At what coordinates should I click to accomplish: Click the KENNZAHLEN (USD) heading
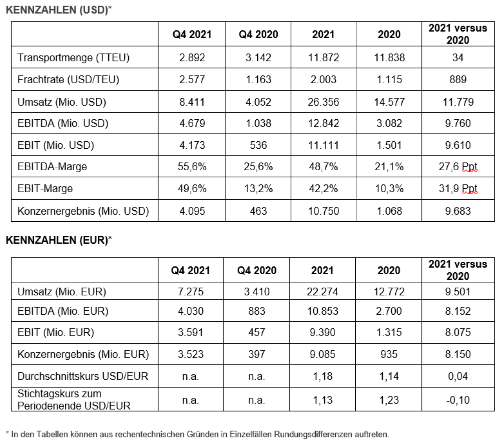tap(59, 10)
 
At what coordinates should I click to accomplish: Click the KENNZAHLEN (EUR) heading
tap(59, 240)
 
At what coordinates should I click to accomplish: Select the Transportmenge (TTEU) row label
tap(73, 58)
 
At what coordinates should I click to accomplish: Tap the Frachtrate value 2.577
tap(192, 80)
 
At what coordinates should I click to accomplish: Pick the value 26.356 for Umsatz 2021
tap(323, 102)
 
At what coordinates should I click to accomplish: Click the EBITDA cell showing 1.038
tap(258, 124)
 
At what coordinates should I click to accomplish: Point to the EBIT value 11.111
tap(323, 145)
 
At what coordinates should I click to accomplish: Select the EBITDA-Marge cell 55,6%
tap(192, 167)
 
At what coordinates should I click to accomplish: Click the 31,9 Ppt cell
tap(458, 189)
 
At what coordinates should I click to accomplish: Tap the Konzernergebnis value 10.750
tap(323, 211)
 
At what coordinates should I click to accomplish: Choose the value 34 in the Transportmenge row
tap(458, 58)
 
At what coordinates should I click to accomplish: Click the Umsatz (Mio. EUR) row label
tap(62, 292)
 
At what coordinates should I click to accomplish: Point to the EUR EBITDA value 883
tap(256, 311)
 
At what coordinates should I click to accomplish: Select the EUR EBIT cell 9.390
tap(322, 332)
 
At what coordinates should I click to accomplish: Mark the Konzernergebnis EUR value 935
tap(389, 354)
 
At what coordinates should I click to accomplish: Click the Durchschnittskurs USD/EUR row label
tap(83, 376)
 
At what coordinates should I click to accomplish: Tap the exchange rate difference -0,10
tap(458, 400)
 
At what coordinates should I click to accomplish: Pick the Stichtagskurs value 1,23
tap(389, 400)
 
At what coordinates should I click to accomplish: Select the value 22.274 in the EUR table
tap(322, 292)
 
